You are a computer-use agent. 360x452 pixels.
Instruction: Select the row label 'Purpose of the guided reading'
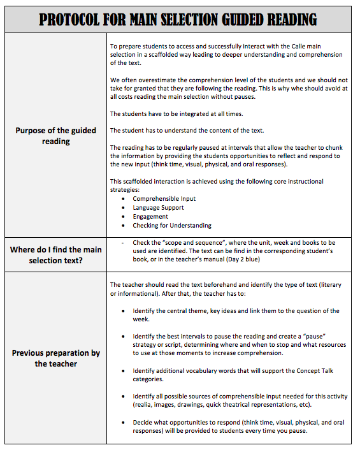[x=56, y=135]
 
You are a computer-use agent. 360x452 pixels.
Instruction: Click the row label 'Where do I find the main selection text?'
[x=56, y=255]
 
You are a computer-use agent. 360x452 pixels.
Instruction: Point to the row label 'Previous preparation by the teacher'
[x=56, y=358]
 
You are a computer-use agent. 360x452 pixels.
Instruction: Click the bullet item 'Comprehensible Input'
[x=164, y=199]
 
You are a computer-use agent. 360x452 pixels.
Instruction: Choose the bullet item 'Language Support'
[x=158, y=208]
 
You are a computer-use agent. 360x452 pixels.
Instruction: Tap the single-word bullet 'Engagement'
[x=150, y=217]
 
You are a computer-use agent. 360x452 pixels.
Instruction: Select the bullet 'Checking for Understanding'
[x=172, y=226]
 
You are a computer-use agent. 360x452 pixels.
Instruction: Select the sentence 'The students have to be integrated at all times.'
[x=177, y=113]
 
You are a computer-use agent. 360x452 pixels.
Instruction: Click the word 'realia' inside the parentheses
[x=143, y=405]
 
